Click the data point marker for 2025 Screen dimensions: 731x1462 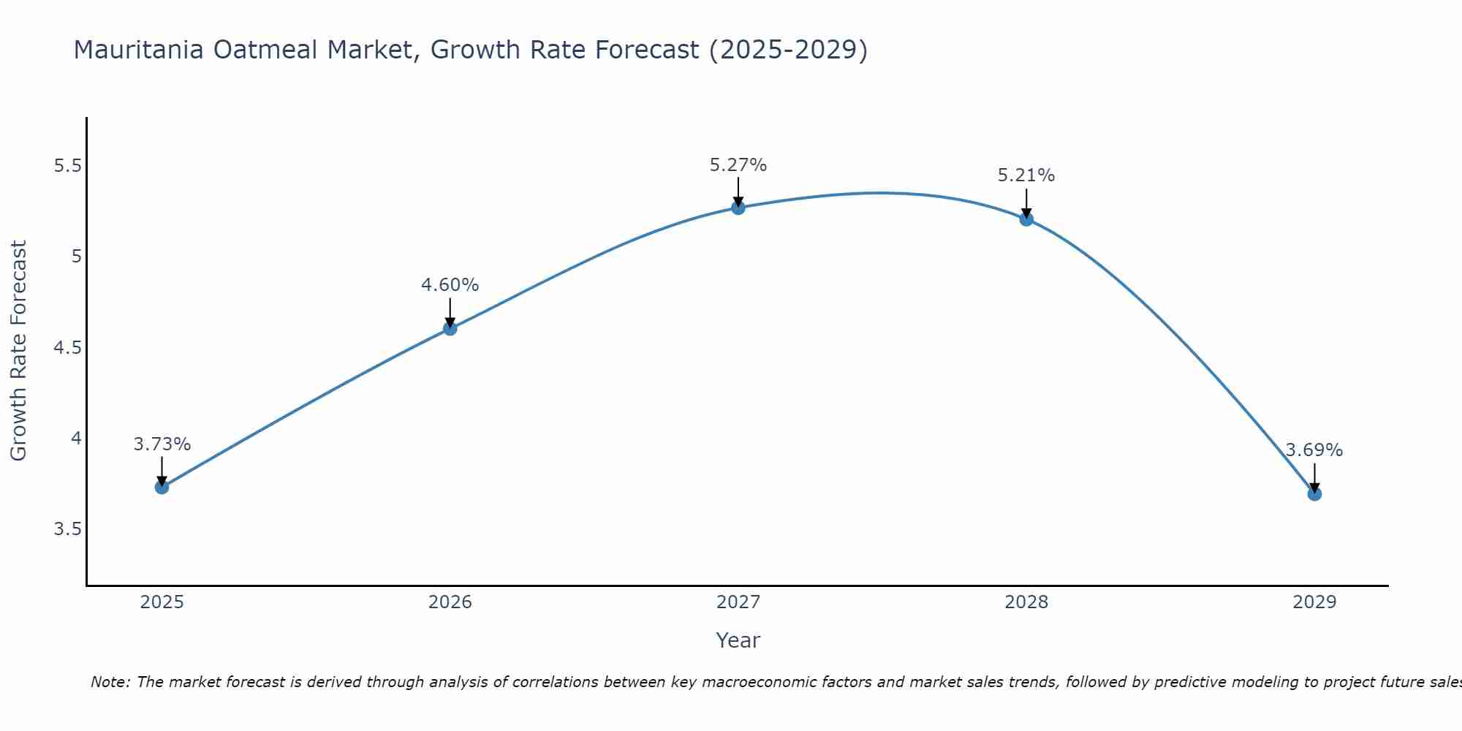point(162,487)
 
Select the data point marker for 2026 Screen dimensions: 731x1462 point(450,329)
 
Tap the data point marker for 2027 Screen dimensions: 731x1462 point(738,208)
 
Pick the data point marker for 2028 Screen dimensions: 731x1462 point(1026,219)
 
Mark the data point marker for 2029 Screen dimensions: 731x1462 point(1314,494)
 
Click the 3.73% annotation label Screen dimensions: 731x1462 point(162,444)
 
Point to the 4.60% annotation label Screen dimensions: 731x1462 point(450,285)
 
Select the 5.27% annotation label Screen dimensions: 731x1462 point(738,165)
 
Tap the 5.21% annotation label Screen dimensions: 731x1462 point(1026,175)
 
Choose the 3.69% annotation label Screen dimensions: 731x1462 point(1314,450)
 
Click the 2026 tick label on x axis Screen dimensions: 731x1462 point(450,602)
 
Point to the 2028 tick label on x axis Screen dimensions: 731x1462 point(1026,602)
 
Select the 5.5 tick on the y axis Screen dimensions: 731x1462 point(67,166)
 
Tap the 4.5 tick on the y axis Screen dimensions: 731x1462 point(67,348)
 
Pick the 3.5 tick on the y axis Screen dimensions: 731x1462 point(67,529)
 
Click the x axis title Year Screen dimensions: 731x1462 point(738,640)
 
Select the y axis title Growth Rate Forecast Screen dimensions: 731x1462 point(19,351)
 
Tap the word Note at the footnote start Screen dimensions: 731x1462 point(110,682)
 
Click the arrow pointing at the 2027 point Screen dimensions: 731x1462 point(738,192)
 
